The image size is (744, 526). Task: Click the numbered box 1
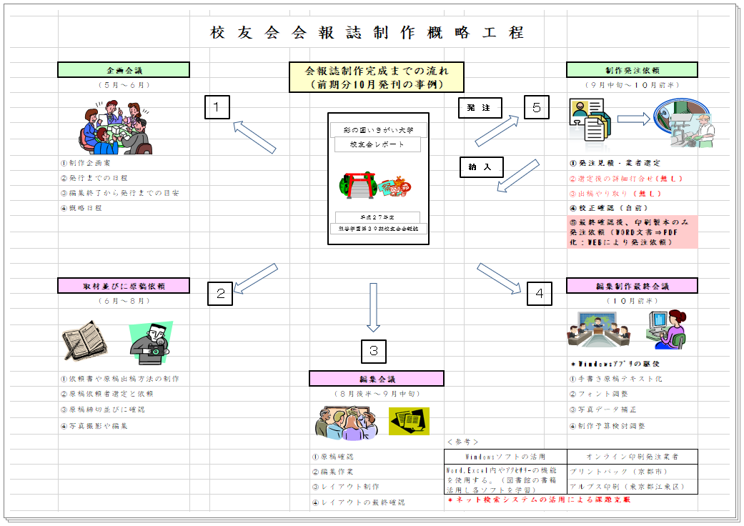point(217,107)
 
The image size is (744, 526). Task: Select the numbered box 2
point(220,293)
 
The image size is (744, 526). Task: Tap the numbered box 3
point(373,352)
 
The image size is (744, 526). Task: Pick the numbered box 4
point(540,293)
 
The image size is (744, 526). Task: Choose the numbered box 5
point(536,107)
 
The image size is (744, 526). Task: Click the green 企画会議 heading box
point(124,70)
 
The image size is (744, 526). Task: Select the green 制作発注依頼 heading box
point(632,70)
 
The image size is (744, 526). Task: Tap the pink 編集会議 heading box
point(377,379)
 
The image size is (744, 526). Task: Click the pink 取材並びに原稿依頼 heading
point(124,285)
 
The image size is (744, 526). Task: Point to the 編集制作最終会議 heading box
point(632,286)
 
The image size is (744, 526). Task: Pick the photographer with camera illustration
point(152,337)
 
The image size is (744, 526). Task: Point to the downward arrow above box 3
point(373,307)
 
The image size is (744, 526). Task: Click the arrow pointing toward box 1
point(254,136)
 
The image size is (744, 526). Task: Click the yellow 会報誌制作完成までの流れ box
point(377,77)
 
